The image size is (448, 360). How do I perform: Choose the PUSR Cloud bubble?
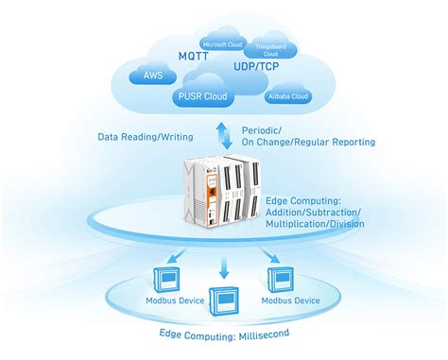tap(205, 94)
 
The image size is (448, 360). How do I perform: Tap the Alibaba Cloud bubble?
tap(288, 96)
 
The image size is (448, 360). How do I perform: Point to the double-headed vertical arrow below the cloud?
tap(223, 132)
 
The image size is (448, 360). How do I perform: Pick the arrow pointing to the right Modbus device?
tap(270, 257)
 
